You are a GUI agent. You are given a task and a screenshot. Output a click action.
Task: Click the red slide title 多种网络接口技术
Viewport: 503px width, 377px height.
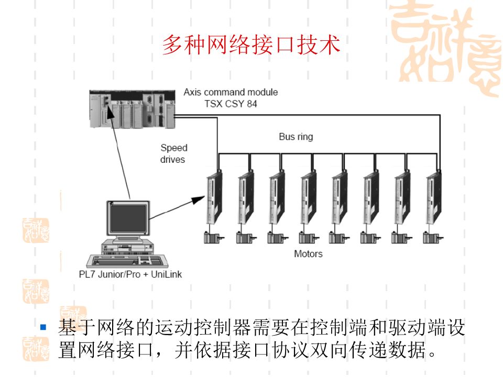coord(251,45)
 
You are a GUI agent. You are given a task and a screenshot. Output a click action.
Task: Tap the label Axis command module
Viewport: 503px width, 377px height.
coord(231,92)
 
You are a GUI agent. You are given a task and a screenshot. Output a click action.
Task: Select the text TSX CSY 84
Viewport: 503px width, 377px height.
coord(231,104)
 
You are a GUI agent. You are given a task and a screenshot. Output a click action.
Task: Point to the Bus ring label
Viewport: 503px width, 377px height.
coord(296,137)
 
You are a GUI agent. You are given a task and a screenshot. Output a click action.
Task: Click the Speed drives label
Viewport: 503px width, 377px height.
coord(173,153)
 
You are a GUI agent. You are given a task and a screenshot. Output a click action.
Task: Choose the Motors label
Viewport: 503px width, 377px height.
coord(308,254)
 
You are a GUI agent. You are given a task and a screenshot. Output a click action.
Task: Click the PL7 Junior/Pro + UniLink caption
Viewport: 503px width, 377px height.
coord(127,274)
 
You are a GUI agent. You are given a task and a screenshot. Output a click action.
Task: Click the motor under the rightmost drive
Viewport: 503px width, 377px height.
coord(432,238)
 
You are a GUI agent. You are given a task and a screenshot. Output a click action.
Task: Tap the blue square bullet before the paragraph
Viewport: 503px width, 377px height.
coord(44,328)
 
